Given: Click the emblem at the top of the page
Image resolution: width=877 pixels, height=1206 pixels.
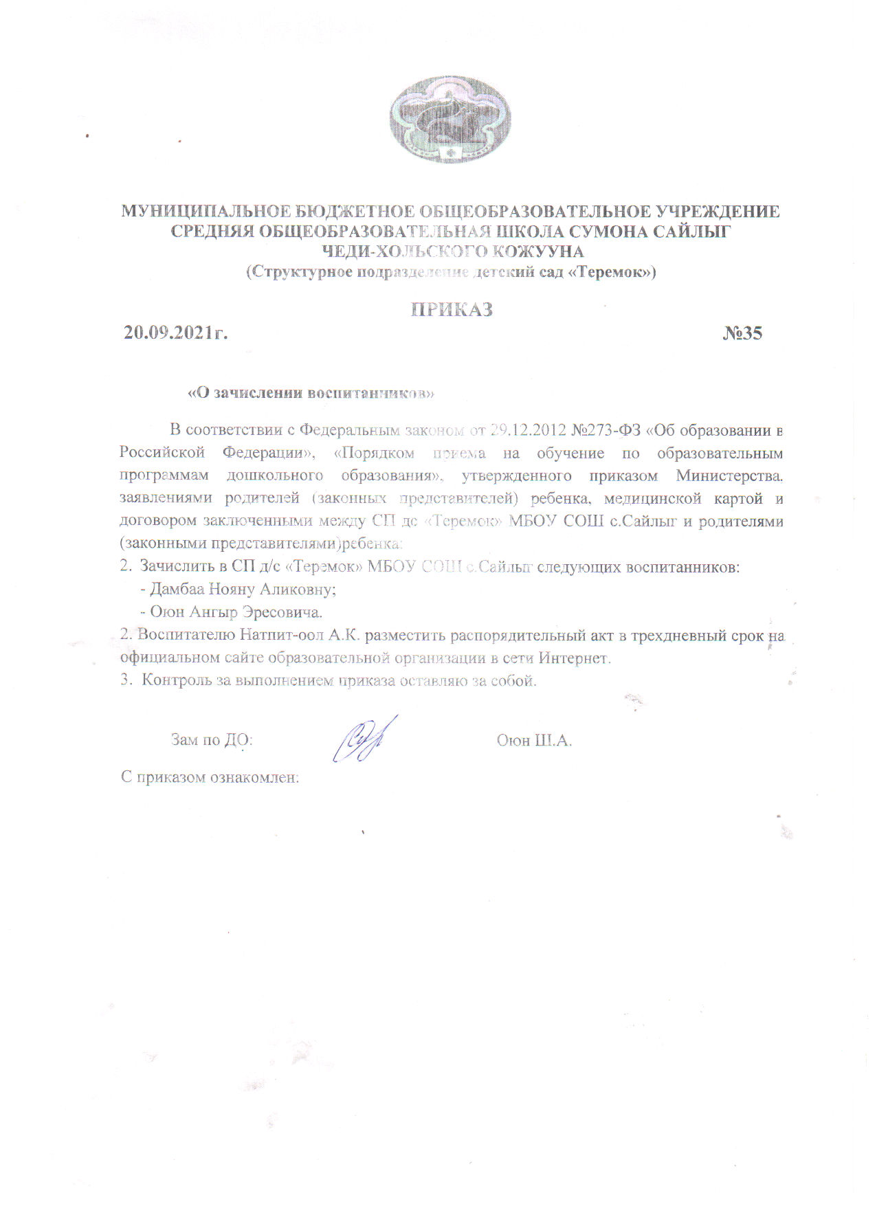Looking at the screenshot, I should point(450,120).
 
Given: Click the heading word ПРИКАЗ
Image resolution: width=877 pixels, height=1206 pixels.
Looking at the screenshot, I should point(452,310).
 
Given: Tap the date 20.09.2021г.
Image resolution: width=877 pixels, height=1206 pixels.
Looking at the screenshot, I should point(176,333).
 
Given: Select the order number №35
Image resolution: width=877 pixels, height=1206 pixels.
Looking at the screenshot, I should point(742,333).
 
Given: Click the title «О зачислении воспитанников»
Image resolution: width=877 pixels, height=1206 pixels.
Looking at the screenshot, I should point(311,393).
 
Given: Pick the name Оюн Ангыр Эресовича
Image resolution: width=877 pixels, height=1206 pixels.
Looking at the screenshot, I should point(236,612).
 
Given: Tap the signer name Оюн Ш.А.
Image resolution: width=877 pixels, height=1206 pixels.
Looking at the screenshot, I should point(534,741).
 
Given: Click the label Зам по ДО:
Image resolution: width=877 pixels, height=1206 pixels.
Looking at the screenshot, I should point(212,740).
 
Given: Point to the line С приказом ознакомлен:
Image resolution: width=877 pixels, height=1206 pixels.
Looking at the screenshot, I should point(210,778).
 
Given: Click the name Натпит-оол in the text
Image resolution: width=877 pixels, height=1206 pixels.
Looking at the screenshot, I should point(282,635).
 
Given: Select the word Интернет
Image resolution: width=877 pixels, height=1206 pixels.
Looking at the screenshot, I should point(575,658).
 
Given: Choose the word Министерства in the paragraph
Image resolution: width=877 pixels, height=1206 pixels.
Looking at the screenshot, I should point(729,476).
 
